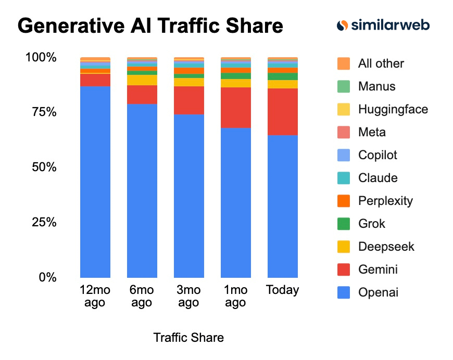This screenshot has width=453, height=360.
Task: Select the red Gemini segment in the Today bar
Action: pos(282,112)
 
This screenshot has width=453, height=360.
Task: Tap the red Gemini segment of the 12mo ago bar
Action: pos(95,80)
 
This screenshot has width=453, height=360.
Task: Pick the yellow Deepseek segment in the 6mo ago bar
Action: pos(142,80)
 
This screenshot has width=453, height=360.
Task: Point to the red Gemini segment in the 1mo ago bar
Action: pos(235,108)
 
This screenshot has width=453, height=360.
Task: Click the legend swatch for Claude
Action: pos(344,178)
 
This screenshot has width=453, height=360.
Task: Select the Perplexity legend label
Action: pos(385,201)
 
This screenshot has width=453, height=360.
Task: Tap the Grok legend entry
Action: pos(372,224)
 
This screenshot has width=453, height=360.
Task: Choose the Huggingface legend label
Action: pos(393,109)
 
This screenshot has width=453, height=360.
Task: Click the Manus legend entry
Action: pos(376,86)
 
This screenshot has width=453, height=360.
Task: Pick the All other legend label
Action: pos(381,63)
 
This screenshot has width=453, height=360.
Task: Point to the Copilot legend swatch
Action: pos(344,155)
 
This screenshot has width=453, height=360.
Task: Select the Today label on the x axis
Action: pos(282,290)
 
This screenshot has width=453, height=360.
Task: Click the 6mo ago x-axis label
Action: pos(142,296)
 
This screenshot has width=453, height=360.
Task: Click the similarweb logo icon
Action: pos(342,25)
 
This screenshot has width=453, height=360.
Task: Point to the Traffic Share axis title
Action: pos(188,338)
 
